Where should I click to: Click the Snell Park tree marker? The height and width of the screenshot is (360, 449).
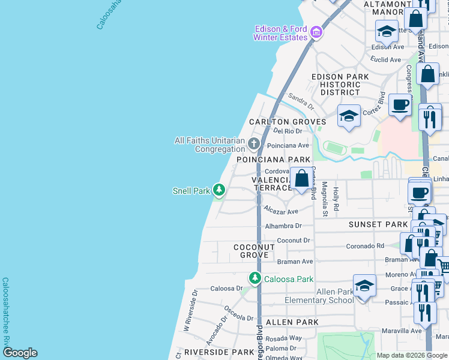click(x=219, y=191)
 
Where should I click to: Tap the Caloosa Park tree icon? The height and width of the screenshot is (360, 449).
click(x=255, y=278)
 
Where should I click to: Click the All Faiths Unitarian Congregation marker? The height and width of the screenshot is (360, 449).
click(x=254, y=143)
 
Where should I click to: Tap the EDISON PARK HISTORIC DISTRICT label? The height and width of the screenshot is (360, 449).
click(x=340, y=85)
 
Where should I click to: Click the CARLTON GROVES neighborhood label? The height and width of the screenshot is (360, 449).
click(x=288, y=122)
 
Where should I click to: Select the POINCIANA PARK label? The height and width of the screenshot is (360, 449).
click(x=274, y=160)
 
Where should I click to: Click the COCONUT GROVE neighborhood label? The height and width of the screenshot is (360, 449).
click(x=254, y=251)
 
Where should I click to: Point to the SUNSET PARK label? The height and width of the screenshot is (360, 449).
click(x=378, y=224)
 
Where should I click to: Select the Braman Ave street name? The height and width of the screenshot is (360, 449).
click(x=295, y=262)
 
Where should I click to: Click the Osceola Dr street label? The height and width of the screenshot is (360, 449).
click(x=238, y=313)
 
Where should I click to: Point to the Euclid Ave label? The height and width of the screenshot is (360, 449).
click(x=387, y=60)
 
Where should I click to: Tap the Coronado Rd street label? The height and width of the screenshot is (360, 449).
click(x=364, y=246)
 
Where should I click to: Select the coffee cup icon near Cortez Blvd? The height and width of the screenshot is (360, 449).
click(x=399, y=104)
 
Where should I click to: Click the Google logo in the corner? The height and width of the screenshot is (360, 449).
click(x=19, y=353)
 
